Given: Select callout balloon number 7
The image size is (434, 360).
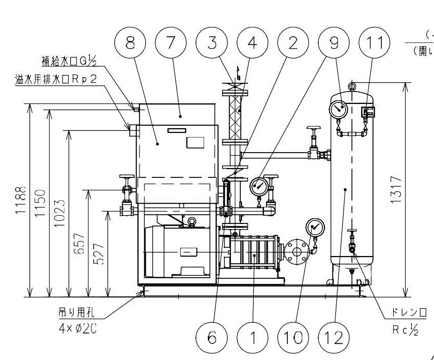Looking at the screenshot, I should click(170, 43).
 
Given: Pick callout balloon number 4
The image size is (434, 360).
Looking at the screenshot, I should click(252, 43).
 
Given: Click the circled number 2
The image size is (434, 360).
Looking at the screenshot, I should click(293, 43).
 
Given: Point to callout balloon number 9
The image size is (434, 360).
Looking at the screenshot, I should click(334, 43).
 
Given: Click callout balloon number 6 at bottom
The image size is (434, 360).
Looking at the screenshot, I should click(211, 338).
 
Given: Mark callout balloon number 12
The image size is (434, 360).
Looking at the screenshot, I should click(334, 338).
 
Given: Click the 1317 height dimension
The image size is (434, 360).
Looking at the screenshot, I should click(397, 190).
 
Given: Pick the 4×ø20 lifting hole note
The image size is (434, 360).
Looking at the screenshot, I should click(77, 320).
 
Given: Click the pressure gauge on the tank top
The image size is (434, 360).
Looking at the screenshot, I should click(338, 109).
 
